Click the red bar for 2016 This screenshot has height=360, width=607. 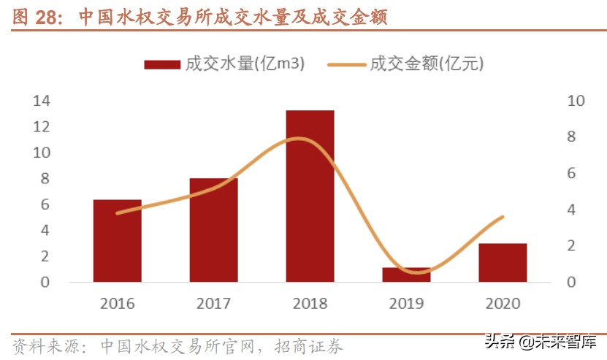(117, 240)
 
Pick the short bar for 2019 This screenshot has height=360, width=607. (406, 275)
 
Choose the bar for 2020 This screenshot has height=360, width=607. (503, 262)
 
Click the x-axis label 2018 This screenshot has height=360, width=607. (310, 303)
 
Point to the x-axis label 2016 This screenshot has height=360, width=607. (117, 303)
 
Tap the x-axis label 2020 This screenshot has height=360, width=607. (503, 303)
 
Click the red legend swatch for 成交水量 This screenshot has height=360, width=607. (161, 64)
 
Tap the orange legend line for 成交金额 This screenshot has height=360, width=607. (346, 64)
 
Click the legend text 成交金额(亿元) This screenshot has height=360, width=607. (427, 64)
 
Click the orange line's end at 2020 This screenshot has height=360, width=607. (503, 217)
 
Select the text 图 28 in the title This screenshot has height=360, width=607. (34, 17)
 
